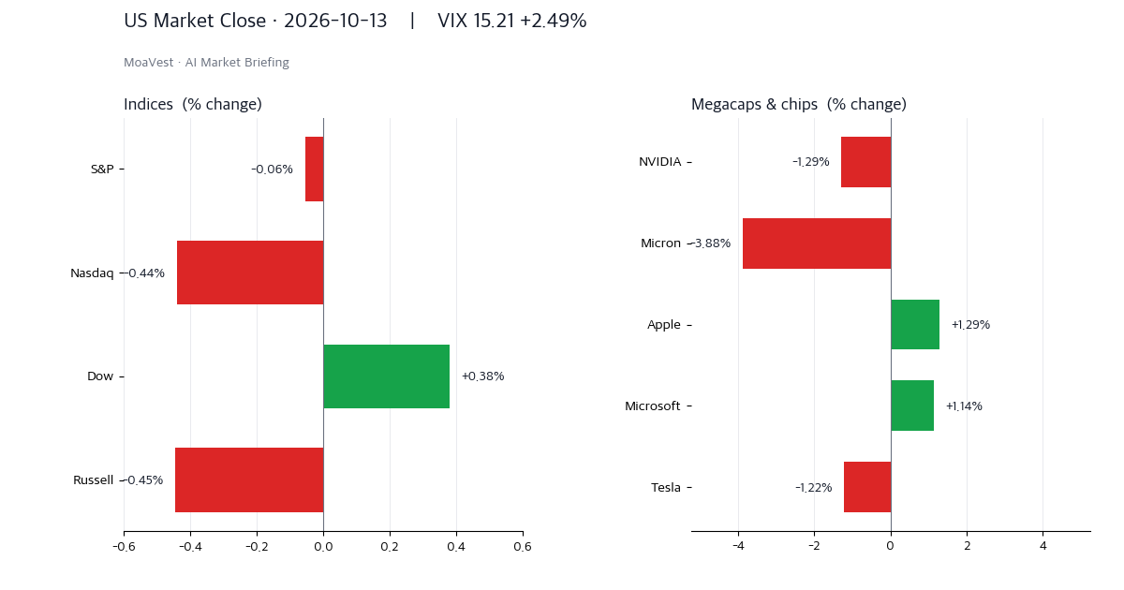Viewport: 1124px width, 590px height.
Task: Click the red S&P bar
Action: coord(315,170)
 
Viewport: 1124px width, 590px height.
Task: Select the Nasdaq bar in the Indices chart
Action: coord(250,273)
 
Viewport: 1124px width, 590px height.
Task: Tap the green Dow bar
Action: coord(386,376)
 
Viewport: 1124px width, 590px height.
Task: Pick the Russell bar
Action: coord(249,479)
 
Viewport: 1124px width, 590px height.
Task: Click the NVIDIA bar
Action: coord(866,162)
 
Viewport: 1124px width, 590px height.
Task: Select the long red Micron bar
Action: coord(817,243)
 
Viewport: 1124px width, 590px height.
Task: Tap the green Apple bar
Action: coord(915,325)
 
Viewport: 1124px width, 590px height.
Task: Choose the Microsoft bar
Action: coord(912,406)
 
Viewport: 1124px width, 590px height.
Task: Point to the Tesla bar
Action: coord(867,487)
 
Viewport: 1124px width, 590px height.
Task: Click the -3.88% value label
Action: coord(711,243)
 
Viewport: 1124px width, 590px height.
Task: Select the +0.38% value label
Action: coord(482,376)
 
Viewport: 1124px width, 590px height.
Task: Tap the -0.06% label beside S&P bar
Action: coord(272,170)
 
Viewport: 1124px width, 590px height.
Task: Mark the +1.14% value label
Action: coord(964,406)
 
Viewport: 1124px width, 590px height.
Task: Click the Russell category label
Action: coord(94,480)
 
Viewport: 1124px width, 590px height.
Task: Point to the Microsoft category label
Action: coord(652,406)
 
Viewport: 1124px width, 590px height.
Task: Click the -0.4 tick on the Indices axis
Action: coord(190,546)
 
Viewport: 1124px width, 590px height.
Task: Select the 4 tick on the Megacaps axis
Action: coord(1043,546)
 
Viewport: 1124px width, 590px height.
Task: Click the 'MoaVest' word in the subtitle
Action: coord(149,62)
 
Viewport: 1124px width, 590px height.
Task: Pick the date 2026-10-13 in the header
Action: coord(335,21)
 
